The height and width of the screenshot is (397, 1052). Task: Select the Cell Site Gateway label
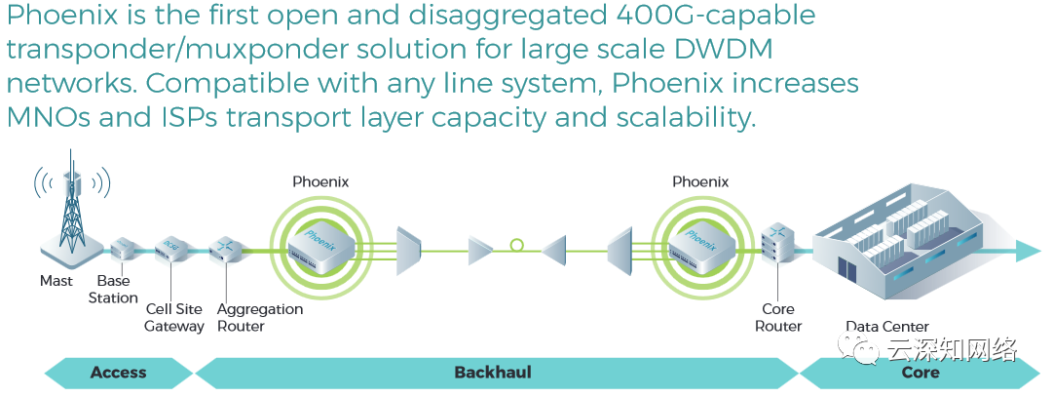[x=174, y=318]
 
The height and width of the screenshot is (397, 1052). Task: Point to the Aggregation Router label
[x=260, y=318]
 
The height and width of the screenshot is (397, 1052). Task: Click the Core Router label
[x=778, y=318]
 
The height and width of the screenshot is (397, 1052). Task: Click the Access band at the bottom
[x=118, y=372]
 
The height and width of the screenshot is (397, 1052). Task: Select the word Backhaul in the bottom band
[x=493, y=372]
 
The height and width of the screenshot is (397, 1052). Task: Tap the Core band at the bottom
[x=920, y=372]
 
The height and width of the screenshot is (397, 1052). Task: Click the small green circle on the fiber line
[x=517, y=245]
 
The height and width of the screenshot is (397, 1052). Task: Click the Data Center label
[x=886, y=327]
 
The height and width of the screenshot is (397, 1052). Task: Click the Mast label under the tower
[x=56, y=281]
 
